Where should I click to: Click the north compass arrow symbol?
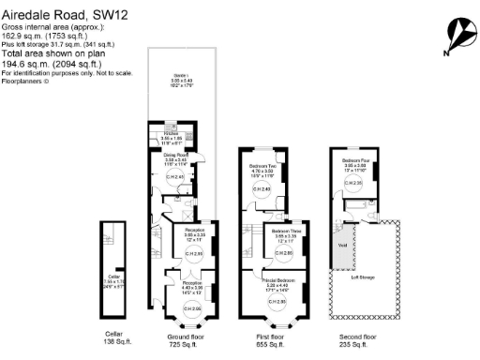(x=457, y=36)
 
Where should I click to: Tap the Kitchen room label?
(x=171, y=133)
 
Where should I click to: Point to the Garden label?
(x=180, y=75)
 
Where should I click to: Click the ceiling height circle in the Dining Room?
(x=174, y=177)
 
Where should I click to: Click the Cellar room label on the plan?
(x=112, y=251)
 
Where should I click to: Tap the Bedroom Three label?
(x=286, y=231)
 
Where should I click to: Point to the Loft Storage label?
(x=363, y=277)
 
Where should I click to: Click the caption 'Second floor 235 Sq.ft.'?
(x=357, y=339)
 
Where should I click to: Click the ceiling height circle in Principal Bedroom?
(x=277, y=302)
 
